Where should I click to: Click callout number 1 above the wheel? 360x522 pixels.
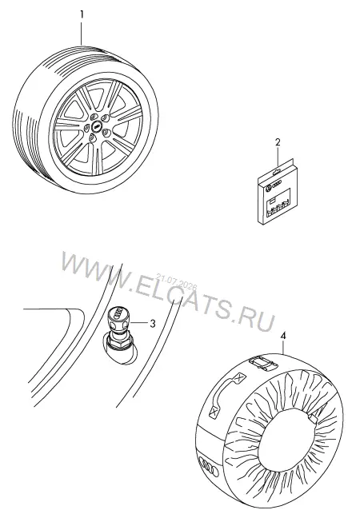click(x=82, y=14)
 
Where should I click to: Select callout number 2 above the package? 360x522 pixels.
click(x=278, y=142)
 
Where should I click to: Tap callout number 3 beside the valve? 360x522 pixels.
click(x=153, y=323)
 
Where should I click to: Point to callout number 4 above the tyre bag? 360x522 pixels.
click(x=282, y=336)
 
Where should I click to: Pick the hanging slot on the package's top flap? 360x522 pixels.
click(x=275, y=173)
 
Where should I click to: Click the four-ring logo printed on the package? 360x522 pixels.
click(x=277, y=183)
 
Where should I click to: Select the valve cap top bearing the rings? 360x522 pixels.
click(x=118, y=311)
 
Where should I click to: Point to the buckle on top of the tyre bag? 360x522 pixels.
click(x=262, y=363)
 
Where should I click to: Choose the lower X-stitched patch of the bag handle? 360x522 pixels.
click(x=214, y=412)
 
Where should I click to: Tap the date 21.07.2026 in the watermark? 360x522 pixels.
click(x=177, y=281)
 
